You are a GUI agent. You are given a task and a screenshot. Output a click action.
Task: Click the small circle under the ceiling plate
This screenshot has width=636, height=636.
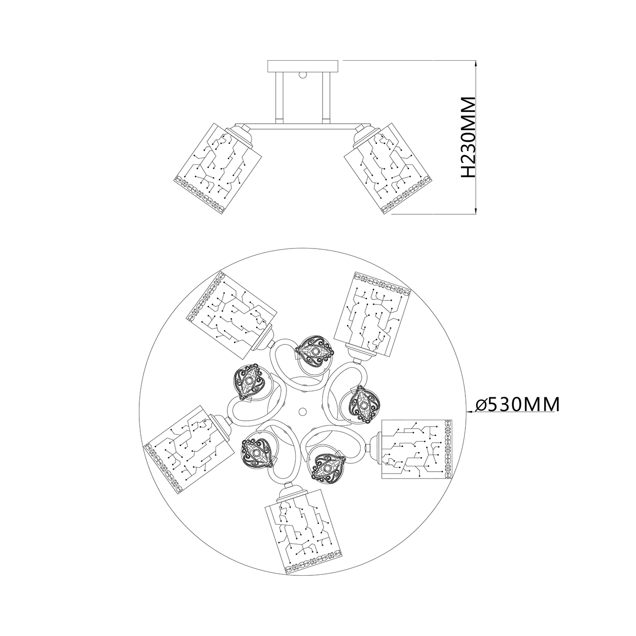302,75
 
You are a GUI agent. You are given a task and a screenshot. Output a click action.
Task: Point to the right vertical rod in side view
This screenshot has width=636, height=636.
327,97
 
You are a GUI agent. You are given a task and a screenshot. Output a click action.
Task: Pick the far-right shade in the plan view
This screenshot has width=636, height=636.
417,449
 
